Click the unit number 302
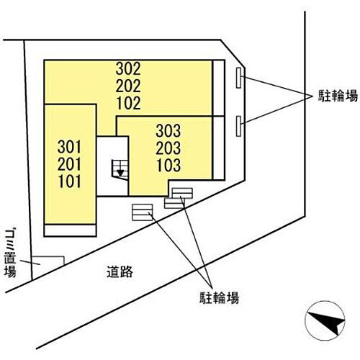[x=128, y=68]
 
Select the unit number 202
[x=128, y=86]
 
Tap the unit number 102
[x=129, y=103]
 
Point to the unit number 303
[x=168, y=131]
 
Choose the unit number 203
[x=168, y=148]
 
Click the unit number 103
[x=168, y=165]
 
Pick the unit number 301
[x=69, y=147]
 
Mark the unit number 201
[x=69, y=164]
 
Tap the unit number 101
[x=70, y=181]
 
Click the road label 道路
[x=120, y=272]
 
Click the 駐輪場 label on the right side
[x=338, y=96]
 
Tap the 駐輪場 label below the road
[x=219, y=298]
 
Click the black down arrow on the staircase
[x=120, y=173]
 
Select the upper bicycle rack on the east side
[x=238, y=78]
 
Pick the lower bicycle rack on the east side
[x=238, y=126]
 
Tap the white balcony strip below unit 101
[x=70, y=230]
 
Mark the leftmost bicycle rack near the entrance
[x=143, y=212]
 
